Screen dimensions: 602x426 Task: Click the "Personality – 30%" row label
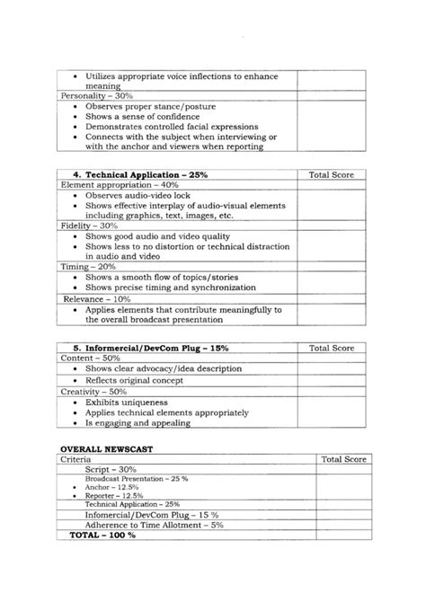click(97, 95)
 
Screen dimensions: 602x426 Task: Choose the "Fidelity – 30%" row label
click(89, 226)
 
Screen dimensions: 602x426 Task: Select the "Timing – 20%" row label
click(88, 267)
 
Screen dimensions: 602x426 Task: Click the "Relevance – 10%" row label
click(97, 298)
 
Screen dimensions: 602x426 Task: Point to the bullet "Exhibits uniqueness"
click(129, 403)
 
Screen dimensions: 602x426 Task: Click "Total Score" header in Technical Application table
click(332, 174)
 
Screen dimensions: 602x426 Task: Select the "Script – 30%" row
click(111, 470)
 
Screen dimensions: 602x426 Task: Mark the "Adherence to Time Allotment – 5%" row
click(142, 524)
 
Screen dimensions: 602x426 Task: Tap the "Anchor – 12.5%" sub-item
click(106, 487)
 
